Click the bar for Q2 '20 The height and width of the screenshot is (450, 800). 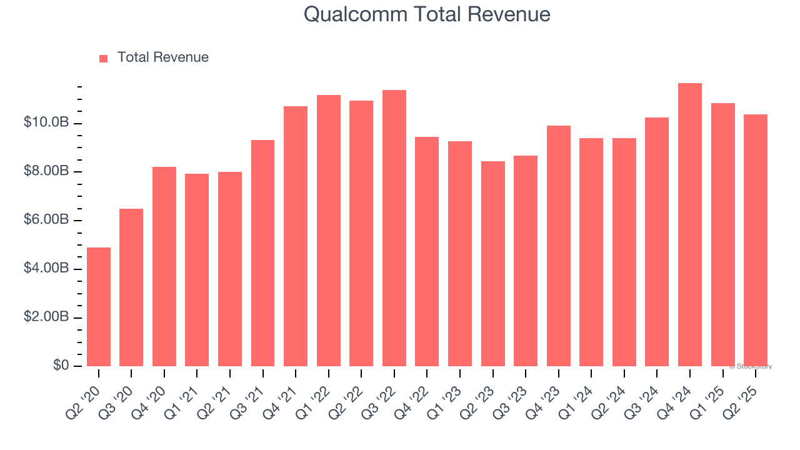99,307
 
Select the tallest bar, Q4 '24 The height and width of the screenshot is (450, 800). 690,225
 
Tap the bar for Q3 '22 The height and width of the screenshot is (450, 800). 394,228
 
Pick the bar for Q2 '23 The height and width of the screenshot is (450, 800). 493,264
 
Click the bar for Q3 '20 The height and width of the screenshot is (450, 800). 131,287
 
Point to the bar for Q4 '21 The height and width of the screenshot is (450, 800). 296,236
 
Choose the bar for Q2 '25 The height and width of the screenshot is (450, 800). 756,241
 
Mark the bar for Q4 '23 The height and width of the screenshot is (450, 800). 559,246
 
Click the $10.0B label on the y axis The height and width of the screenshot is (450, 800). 46,122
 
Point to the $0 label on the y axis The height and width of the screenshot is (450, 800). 61,366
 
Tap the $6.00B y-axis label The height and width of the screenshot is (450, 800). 46,220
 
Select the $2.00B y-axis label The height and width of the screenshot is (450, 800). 46,317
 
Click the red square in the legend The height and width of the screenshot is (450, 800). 104,58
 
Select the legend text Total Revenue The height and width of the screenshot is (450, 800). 162,57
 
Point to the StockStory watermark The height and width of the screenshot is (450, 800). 752,366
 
